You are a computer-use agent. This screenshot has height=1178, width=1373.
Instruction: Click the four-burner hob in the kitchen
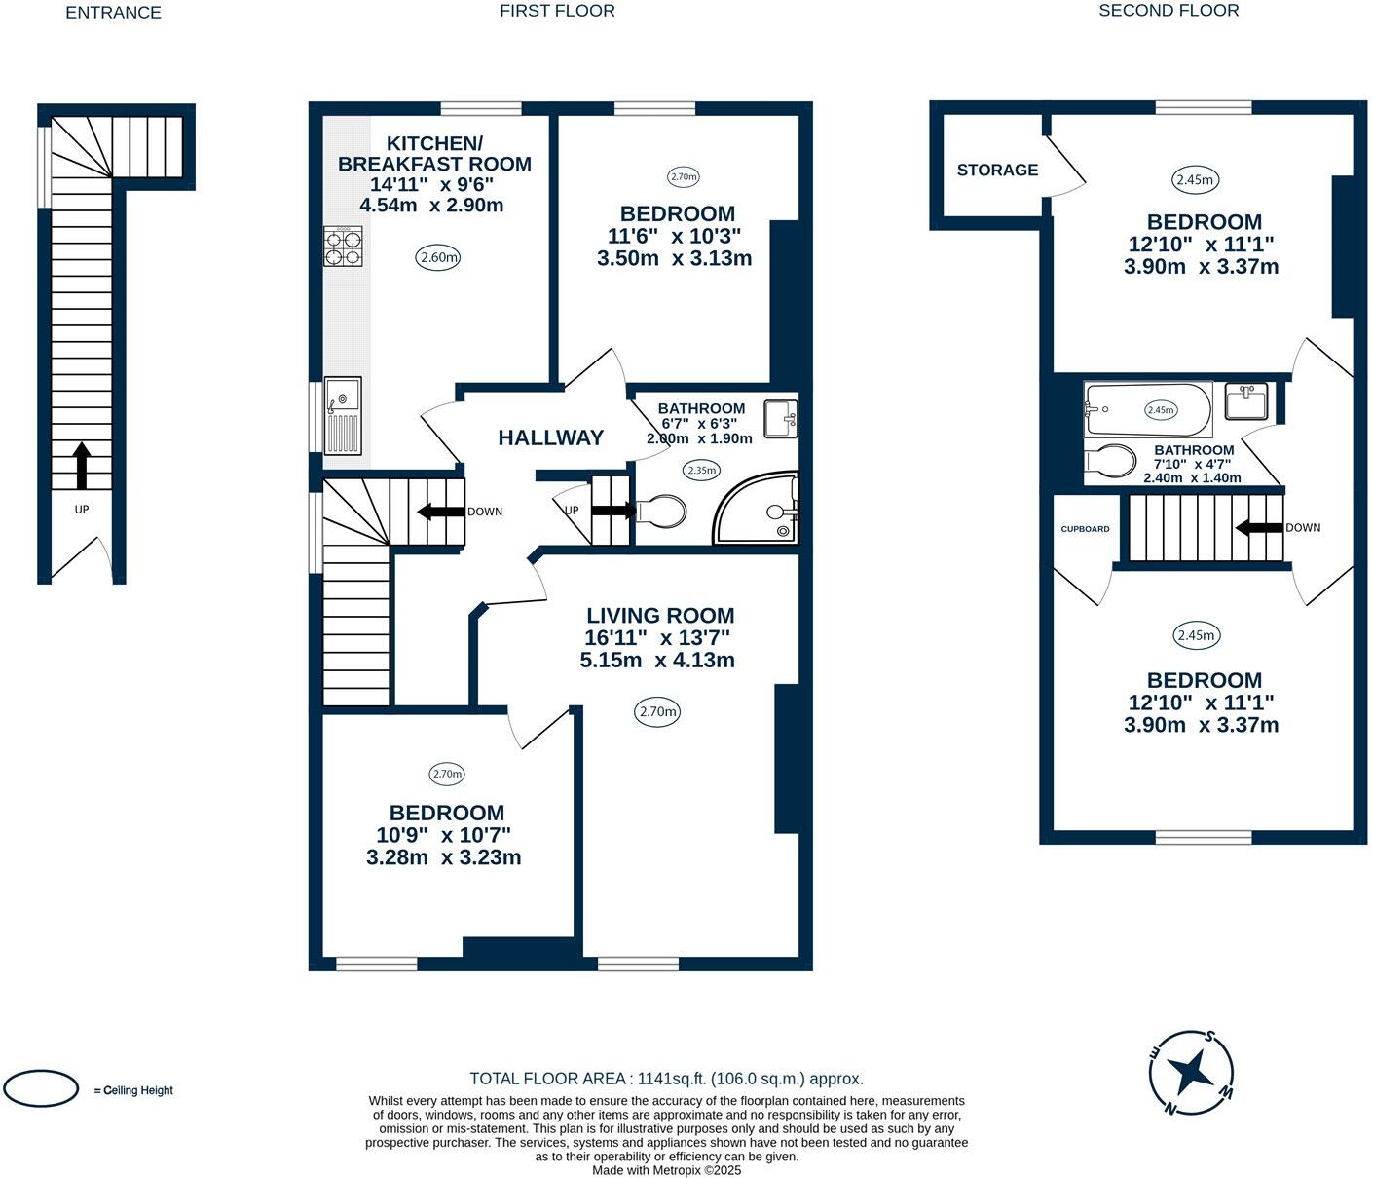tap(344, 247)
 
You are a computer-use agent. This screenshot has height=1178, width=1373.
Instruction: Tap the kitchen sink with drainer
tap(343, 415)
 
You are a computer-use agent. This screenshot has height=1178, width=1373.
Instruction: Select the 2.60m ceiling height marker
tap(438, 257)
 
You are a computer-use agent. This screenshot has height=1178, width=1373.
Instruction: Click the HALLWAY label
tap(551, 437)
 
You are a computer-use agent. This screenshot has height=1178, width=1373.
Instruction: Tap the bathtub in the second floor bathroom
tap(1148, 409)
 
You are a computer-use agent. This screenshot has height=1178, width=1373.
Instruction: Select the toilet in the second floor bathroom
tap(1110, 461)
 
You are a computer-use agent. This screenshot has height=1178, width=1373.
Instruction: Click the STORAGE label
tap(997, 171)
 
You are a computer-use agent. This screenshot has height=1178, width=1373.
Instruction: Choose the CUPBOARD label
tap(1085, 529)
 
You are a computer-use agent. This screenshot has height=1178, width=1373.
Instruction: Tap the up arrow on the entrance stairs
tap(82, 466)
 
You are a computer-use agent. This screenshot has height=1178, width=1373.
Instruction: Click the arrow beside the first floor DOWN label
tap(441, 512)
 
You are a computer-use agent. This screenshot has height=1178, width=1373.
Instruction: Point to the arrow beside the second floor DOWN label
tap(1259, 528)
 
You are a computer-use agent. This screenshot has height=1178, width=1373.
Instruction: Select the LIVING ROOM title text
tap(660, 616)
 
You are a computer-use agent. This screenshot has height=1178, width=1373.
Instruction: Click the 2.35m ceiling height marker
tap(702, 471)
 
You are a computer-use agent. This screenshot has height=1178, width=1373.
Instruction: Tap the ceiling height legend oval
tap(41, 1088)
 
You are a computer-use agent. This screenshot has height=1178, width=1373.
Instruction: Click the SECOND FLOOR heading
tap(1169, 11)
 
